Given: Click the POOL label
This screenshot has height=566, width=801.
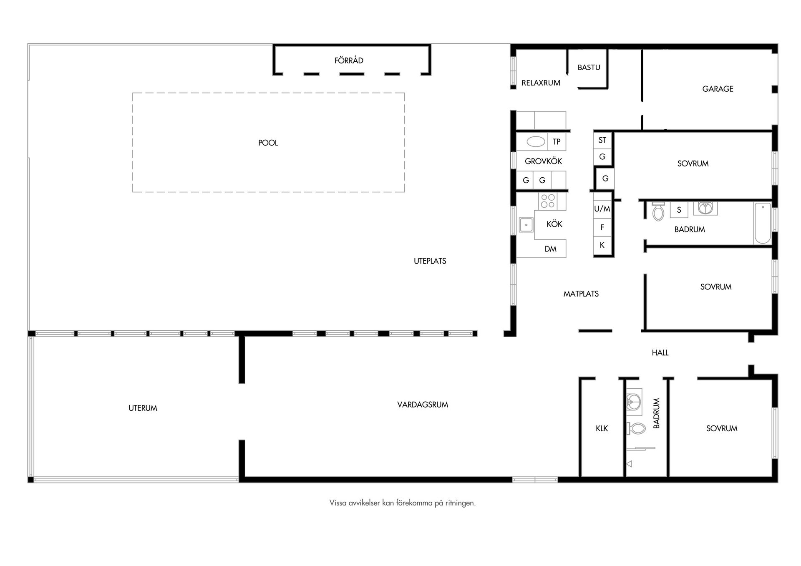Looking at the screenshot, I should (x=268, y=143).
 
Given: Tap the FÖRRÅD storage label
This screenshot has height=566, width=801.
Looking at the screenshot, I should (x=349, y=60).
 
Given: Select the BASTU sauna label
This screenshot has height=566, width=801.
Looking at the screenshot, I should (x=589, y=67).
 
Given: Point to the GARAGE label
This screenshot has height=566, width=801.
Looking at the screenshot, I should (x=718, y=89).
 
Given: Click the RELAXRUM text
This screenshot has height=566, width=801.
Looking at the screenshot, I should (x=541, y=83).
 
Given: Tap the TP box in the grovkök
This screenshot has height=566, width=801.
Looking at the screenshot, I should (x=557, y=142).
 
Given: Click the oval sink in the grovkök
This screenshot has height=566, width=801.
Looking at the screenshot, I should (x=536, y=142).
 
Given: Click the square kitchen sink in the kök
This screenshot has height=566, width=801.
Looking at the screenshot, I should (x=526, y=225).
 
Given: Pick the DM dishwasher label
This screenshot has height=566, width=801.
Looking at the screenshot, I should (x=550, y=249).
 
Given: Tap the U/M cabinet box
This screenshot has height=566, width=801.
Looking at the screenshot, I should (x=602, y=209).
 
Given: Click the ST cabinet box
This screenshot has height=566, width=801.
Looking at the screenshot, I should (x=602, y=140).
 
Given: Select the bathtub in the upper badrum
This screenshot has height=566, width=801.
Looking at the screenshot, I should (x=763, y=223).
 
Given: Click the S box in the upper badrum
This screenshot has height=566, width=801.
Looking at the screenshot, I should (x=679, y=210).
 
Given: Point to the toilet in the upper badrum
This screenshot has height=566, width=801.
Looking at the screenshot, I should (x=658, y=212).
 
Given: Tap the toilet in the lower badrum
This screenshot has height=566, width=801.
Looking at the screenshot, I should (x=636, y=428).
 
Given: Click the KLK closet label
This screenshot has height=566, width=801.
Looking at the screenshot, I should (x=602, y=428).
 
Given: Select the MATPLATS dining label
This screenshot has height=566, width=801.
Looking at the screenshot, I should (x=581, y=294).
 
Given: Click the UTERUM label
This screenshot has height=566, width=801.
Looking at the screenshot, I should (x=143, y=408).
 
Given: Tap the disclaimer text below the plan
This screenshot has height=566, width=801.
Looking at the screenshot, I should (x=402, y=503).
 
